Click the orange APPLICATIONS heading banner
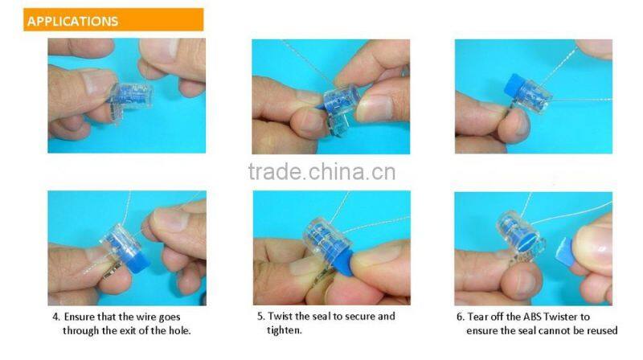click(113, 20)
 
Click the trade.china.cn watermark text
click(321, 172)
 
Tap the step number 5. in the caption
click(260, 317)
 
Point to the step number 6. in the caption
click(460, 317)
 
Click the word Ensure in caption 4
click(80, 317)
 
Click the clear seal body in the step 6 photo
click(515, 235)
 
